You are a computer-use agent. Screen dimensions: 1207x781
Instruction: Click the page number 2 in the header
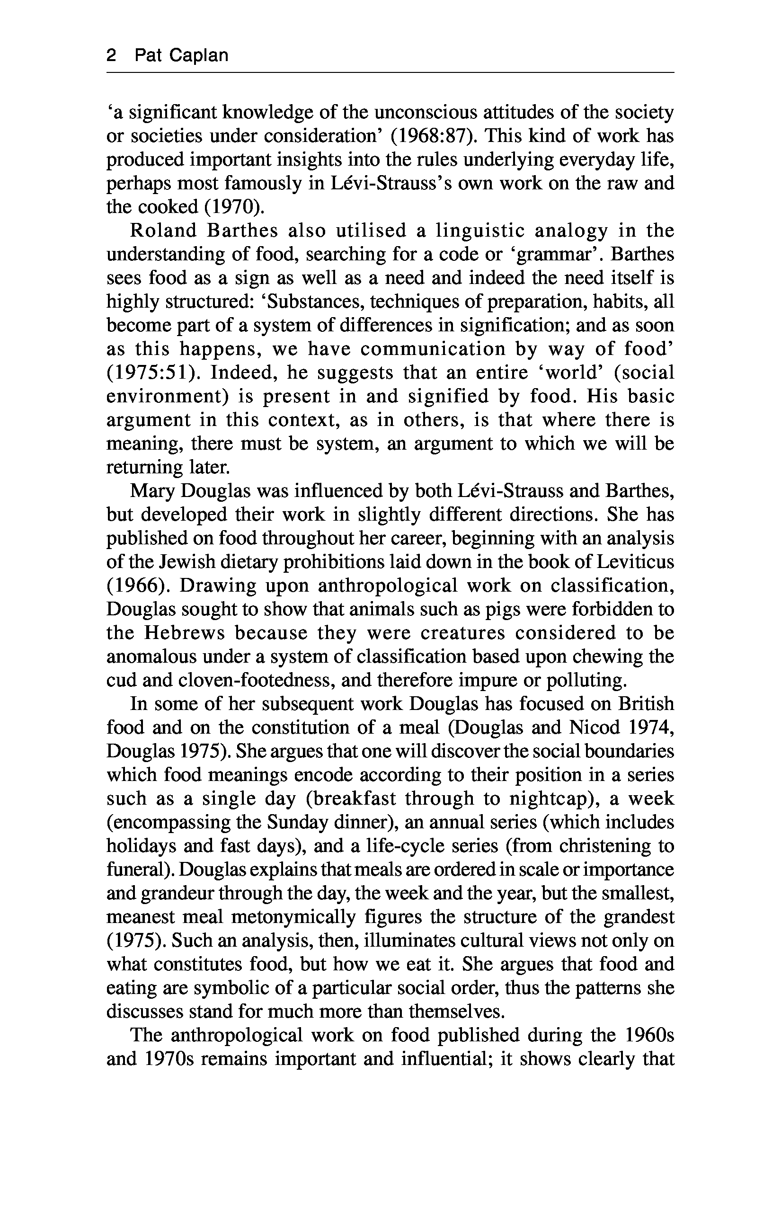pyautogui.click(x=112, y=55)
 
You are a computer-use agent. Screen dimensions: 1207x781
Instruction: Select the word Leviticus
pyautogui.click(x=634, y=562)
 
